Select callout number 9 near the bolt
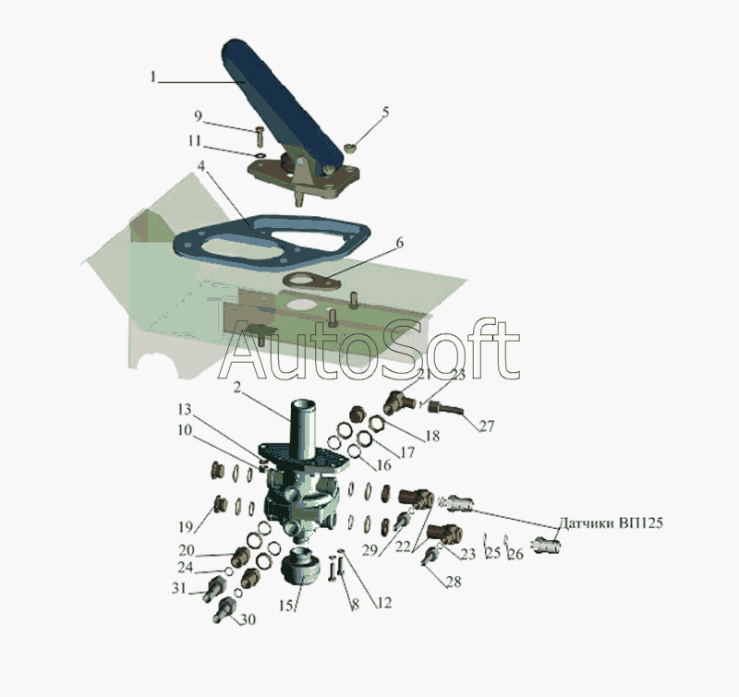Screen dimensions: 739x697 (x=198, y=115)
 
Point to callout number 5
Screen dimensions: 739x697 (x=385, y=112)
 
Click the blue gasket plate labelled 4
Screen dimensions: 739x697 (x=268, y=242)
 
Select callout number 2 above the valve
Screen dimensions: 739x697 (x=237, y=389)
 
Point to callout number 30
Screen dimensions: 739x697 (x=248, y=620)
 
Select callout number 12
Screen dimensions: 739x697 (x=383, y=605)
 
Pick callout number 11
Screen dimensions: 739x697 (x=194, y=140)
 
